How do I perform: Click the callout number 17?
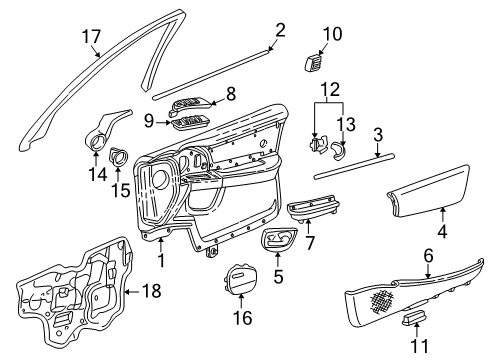pyautogui.click(x=91, y=36)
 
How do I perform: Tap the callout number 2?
pyautogui.click(x=280, y=29)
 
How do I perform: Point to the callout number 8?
pyautogui.click(x=230, y=95)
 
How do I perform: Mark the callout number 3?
pyautogui.click(x=379, y=133)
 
